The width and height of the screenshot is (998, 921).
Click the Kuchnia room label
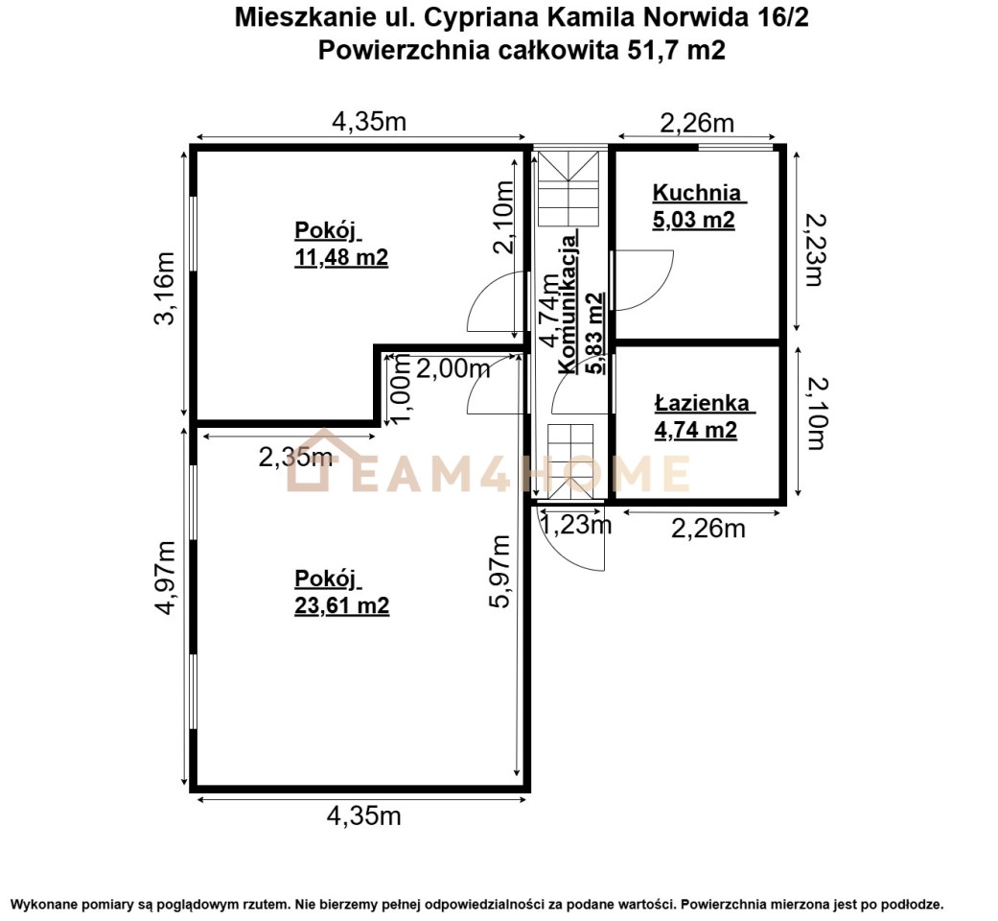point(696,192)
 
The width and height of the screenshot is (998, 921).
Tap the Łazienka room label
point(702,403)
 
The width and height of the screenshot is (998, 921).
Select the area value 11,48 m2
point(341,257)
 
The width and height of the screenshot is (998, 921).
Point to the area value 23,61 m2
point(342,605)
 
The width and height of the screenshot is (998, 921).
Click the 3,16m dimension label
point(165,289)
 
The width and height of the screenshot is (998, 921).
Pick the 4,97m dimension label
point(165,578)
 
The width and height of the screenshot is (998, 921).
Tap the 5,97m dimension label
point(500,572)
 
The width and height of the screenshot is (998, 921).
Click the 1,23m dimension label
point(575,525)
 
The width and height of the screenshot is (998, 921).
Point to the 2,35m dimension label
point(295,457)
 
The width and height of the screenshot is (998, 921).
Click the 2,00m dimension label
point(453,368)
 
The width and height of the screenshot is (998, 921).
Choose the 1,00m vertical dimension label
point(402,389)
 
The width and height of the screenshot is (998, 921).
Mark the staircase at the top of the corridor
point(569,189)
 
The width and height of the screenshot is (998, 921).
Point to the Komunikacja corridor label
point(569,303)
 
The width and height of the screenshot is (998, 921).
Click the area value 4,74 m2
point(696,430)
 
